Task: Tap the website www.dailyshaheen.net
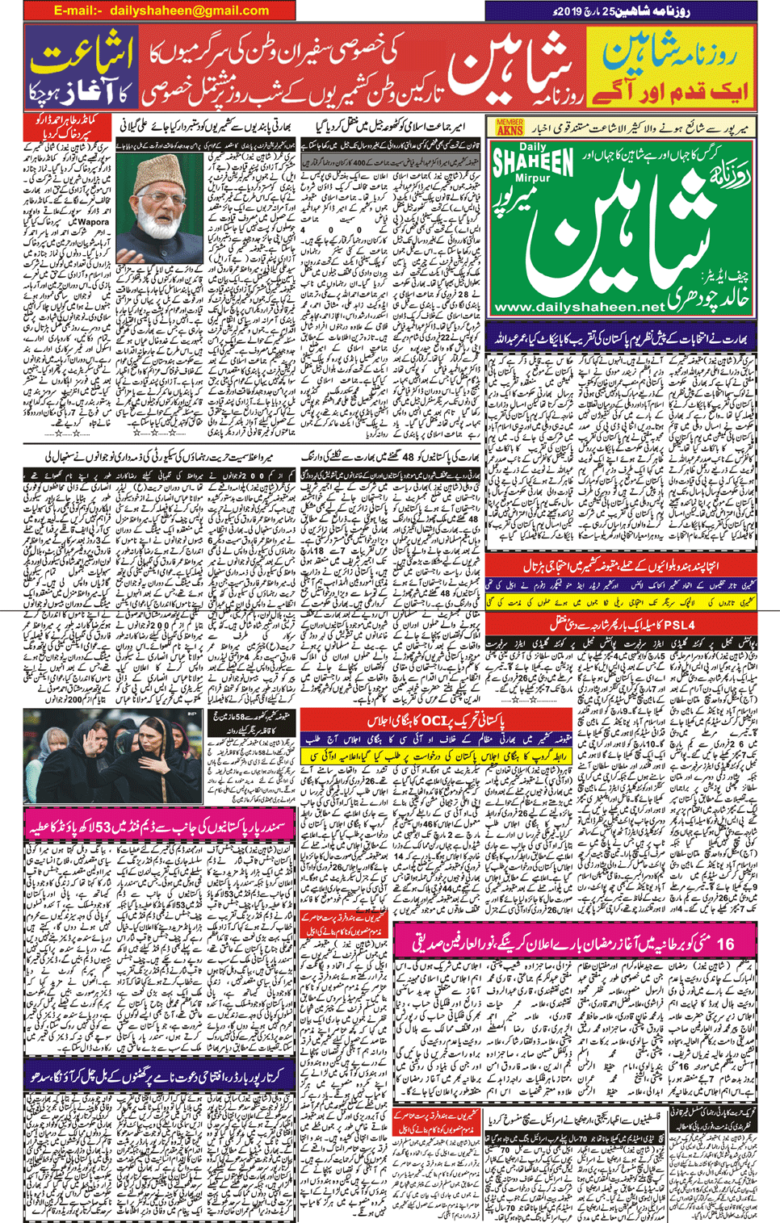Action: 577,308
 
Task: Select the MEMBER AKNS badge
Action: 509,128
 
